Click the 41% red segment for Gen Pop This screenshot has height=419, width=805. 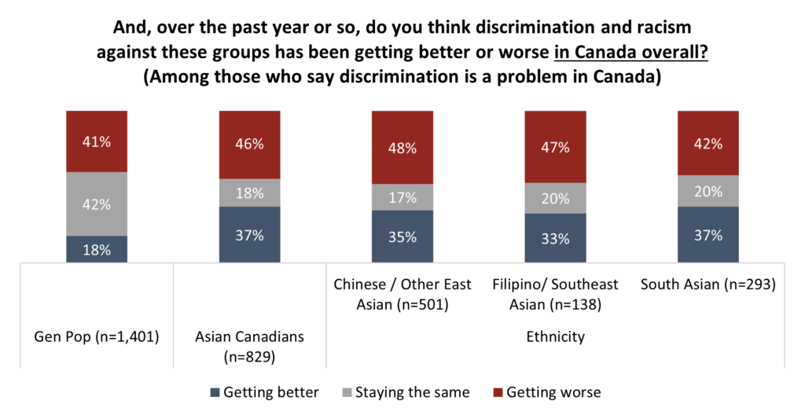(x=97, y=141)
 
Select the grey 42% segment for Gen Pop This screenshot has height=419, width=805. (x=97, y=204)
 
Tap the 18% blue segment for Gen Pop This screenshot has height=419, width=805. (x=97, y=249)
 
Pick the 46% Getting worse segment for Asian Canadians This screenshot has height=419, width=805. (x=249, y=145)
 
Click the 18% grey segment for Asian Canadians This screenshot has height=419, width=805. (x=249, y=193)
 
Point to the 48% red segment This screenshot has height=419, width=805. (x=402, y=147)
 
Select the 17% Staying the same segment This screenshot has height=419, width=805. (x=402, y=198)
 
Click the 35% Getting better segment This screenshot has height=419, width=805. (x=402, y=237)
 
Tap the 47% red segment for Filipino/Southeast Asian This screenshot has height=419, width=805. (x=555, y=146)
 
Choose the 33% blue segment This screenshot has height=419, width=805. (x=555, y=238)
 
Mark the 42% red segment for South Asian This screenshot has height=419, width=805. (x=708, y=143)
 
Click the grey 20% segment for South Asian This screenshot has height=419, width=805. (x=708, y=191)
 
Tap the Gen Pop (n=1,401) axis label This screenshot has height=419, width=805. (x=96, y=337)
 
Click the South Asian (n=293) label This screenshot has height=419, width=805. (x=708, y=285)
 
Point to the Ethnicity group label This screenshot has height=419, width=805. (x=555, y=337)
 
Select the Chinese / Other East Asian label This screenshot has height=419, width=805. (x=402, y=293)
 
